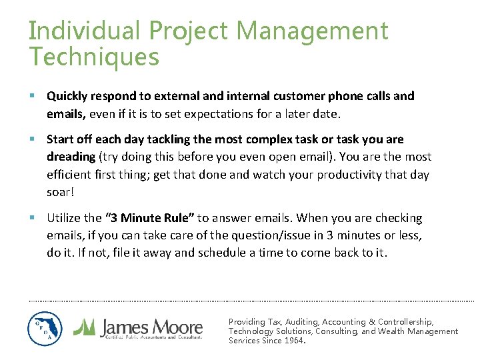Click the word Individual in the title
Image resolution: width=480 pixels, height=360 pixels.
[x=85, y=31]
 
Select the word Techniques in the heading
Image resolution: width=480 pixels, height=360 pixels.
[x=94, y=57]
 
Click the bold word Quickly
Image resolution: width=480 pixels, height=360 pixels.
[x=67, y=96]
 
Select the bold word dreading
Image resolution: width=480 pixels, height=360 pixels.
[x=71, y=157]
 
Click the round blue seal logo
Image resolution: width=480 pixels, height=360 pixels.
[x=45, y=329]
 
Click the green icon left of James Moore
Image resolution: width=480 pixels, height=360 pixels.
[x=84, y=327]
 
